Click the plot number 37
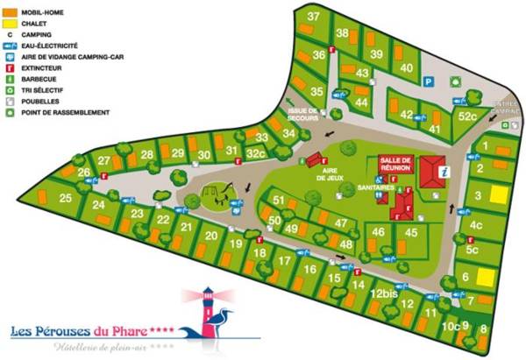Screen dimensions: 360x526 (x=313, y=17)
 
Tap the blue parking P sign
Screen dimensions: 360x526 (x=430, y=81)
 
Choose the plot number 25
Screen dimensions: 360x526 (x=66, y=198)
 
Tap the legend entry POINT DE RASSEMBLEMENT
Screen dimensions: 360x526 (x=69, y=112)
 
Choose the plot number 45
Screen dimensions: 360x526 (x=410, y=232)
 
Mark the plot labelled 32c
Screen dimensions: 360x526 (x=256, y=152)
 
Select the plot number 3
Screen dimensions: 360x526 (x=478, y=195)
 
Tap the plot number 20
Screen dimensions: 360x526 (x=211, y=235)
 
